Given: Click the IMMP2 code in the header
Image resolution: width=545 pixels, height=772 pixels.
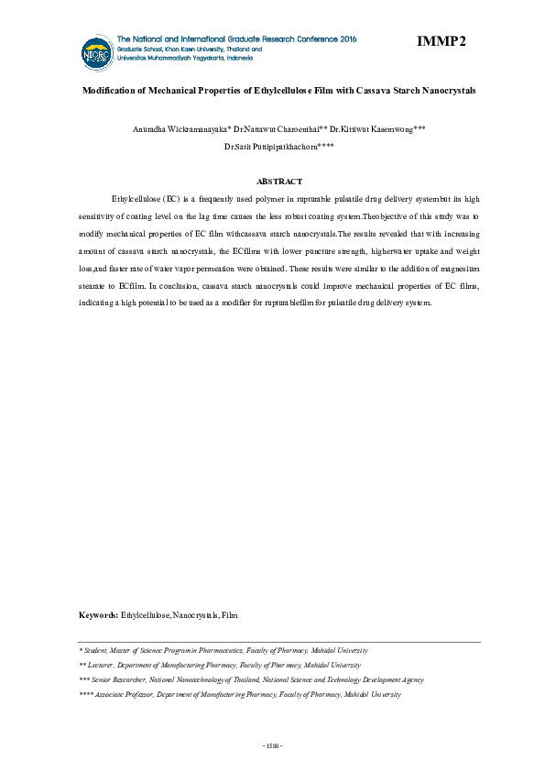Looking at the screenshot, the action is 441,41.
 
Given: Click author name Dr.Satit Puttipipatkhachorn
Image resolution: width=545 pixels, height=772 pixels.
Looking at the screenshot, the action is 273,146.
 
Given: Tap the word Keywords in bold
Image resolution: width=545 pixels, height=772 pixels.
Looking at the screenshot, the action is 99,614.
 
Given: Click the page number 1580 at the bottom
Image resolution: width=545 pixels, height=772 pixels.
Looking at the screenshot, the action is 272,744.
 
